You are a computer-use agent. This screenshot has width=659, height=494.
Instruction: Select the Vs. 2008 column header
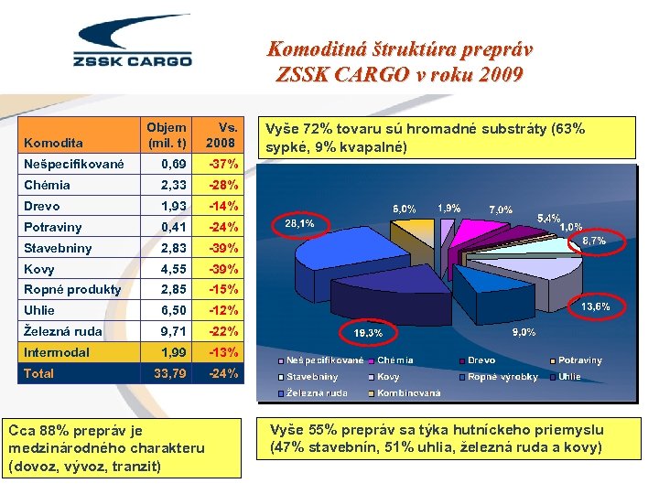click(221, 134)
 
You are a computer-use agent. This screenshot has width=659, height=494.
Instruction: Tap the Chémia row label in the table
click(48, 185)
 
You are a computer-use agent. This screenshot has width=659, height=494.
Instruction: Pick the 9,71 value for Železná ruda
click(174, 331)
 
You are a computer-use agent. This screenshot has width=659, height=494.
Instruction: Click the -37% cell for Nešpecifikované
click(223, 165)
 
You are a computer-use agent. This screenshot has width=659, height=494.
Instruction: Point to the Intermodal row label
click(57, 352)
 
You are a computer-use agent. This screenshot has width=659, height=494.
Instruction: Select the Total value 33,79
click(170, 373)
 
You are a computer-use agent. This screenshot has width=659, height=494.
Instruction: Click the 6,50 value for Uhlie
click(174, 310)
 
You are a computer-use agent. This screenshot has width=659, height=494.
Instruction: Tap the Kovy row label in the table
click(40, 269)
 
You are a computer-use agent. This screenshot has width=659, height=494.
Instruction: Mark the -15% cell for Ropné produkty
click(223, 289)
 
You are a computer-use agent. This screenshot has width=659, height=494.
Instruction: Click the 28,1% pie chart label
click(300, 222)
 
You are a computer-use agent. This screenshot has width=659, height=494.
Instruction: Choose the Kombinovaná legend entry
click(409, 393)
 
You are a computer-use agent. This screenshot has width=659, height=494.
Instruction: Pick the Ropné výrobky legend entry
click(502, 377)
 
